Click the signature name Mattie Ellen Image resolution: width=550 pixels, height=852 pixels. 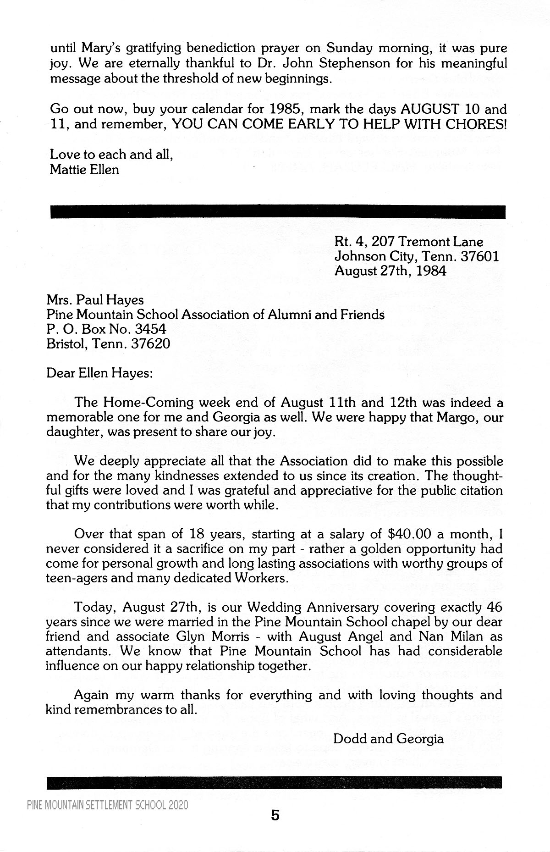84,170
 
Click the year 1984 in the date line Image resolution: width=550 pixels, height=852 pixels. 430,271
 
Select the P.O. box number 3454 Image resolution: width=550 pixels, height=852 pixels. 148,329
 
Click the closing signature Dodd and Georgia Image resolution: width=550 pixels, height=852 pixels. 388,739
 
